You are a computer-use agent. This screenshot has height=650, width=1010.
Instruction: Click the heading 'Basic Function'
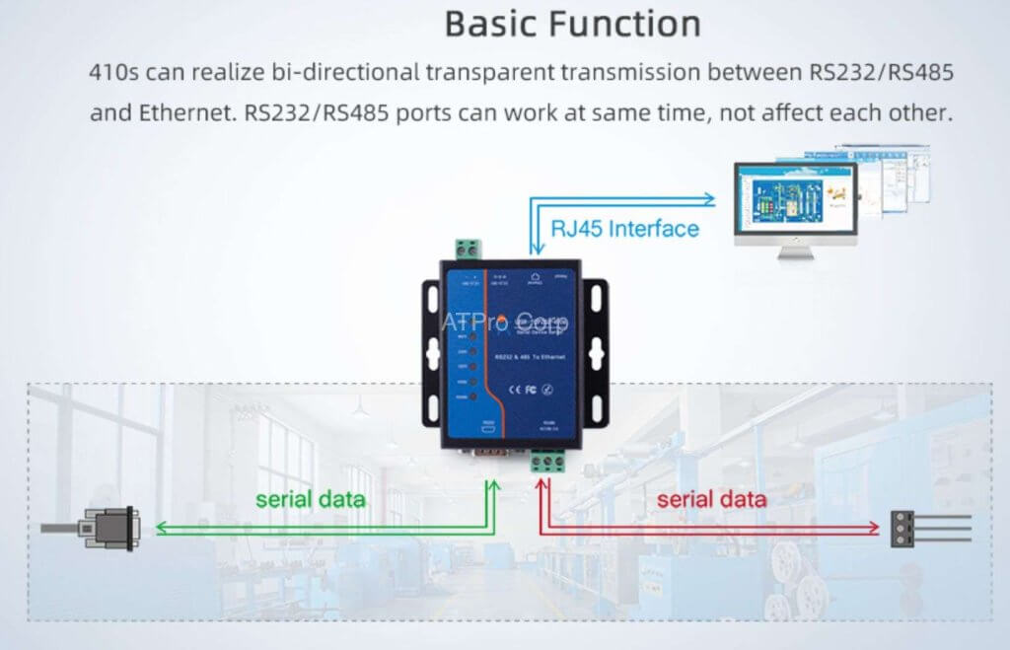click(573, 24)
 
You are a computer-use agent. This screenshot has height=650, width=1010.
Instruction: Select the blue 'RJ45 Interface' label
click(624, 229)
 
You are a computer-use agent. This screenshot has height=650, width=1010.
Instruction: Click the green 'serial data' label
click(310, 499)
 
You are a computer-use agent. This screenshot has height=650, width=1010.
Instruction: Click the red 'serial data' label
click(710, 499)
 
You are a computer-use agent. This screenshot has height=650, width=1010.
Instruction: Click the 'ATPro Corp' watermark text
click(504, 322)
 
